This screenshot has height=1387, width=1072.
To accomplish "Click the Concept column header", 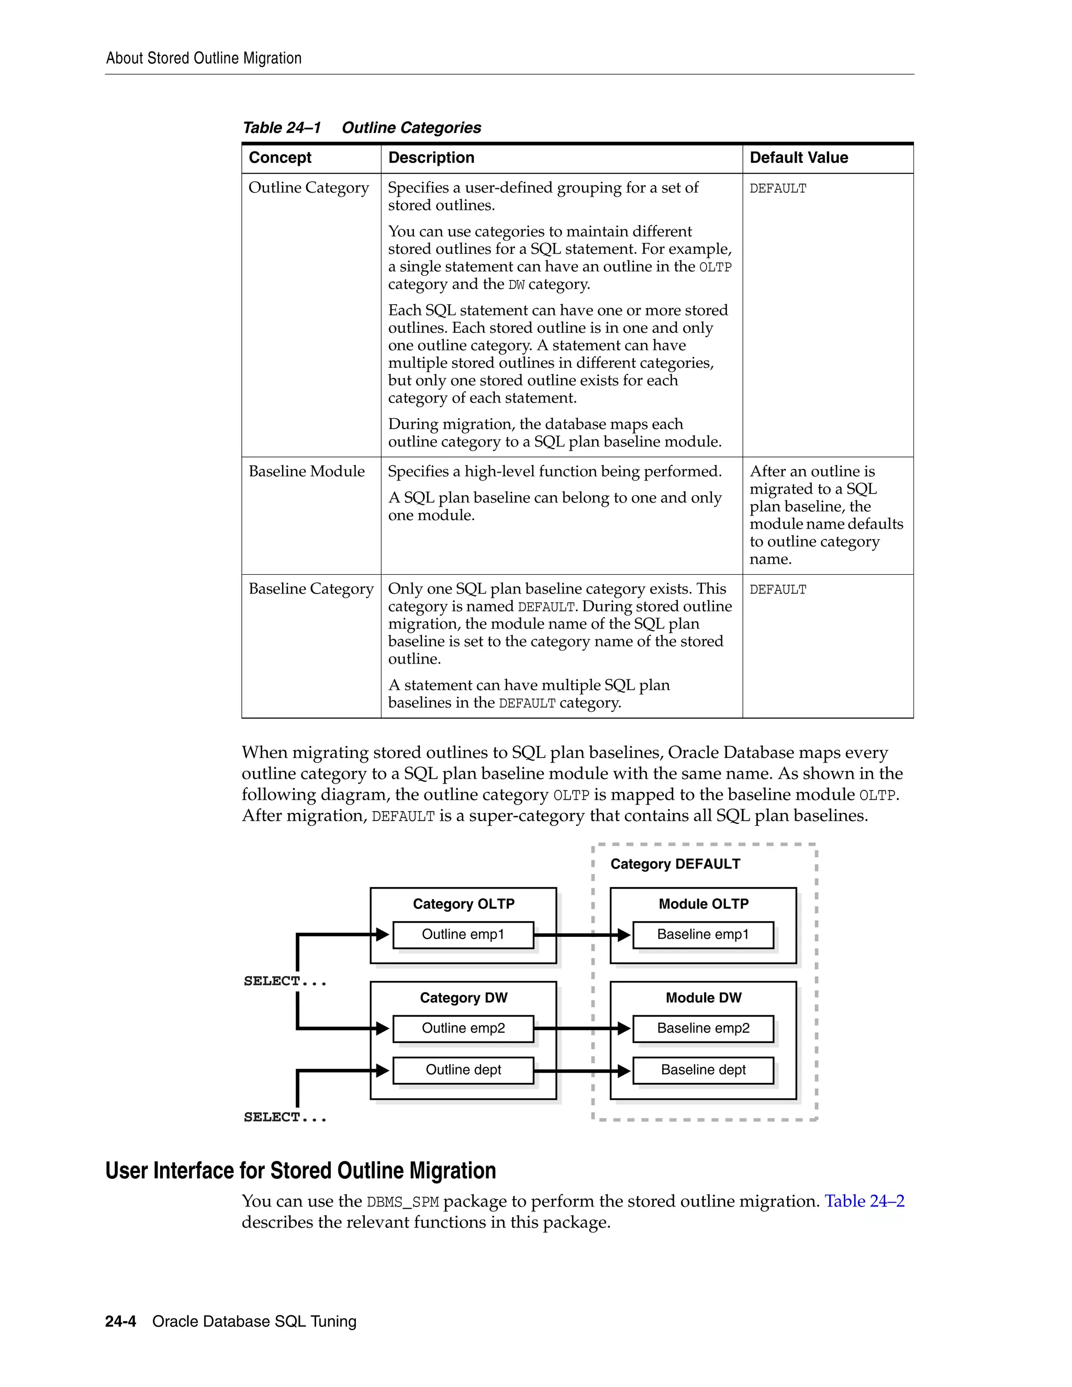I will pos(280,158).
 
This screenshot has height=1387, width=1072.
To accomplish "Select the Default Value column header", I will pos(798,158).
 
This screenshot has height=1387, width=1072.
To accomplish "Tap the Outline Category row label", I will pos(309,188).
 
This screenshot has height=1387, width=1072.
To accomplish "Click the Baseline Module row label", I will pos(307,471).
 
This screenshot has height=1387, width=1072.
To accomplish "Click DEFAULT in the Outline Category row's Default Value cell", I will pos(778,188).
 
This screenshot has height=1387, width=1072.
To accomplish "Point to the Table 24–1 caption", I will pos(361,128).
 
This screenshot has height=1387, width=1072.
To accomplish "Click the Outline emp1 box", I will pos(463,934).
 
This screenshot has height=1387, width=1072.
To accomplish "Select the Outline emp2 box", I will pos(463,1028).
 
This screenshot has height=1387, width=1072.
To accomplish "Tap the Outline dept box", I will pos(463,1070).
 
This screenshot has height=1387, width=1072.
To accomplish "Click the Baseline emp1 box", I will pos(703,934).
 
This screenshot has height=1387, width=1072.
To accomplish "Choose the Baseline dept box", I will pos(703,1070).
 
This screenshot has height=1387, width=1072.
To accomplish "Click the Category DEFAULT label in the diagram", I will pos(675,864).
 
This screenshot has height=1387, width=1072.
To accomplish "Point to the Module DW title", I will pos(703,998).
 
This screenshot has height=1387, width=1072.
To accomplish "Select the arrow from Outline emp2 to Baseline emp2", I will pos(581,1028).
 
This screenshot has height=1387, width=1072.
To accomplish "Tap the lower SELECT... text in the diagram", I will pos(285,1117).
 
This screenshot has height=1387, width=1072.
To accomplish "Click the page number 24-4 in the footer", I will pos(121,1322).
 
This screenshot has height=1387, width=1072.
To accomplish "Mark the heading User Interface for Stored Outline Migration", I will pos(300,1170).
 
